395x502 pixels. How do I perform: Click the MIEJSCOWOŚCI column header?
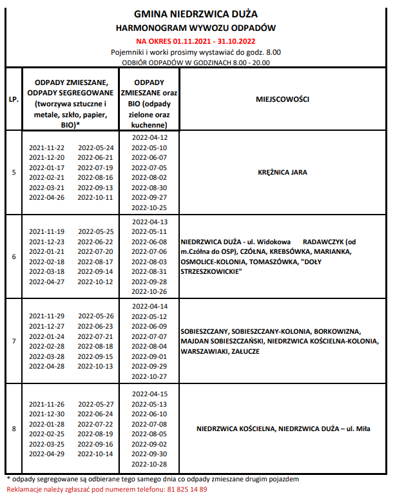pos(282,101)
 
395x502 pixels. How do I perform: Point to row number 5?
pos(14,172)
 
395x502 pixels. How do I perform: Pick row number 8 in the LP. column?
pos(14,429)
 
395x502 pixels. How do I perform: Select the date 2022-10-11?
pos(95,197)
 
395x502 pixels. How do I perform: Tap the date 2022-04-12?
pos(149,137)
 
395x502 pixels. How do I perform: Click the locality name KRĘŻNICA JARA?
pos(282,172)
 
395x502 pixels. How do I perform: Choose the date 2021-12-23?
pos(46,241)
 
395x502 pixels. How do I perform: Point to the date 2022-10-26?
pos(149,292)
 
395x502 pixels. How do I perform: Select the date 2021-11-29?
pos(46,316)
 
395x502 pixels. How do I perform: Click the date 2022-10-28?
pos(149,464)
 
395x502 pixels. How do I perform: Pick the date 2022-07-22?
pos(95,424)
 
